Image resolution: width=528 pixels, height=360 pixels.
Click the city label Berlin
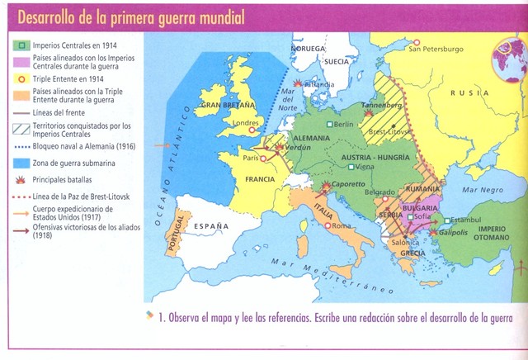point(343,125)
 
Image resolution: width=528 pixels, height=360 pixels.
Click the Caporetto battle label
point(343,187)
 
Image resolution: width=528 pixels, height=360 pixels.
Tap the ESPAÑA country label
point(210,224)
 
